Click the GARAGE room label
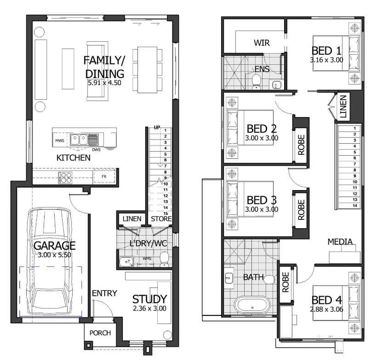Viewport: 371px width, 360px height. pyautogui.click(x=55, y=246)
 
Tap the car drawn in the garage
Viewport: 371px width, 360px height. pyautogui.click(x=50, y=262)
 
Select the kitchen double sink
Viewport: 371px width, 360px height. pyautogui.click(x=79, y=140)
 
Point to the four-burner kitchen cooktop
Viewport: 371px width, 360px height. pyautogui.click(x=65, y=178)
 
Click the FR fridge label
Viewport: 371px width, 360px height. pyautogui.click(x=104, y=177)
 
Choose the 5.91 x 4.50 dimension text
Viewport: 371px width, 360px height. pyautogui.click(x=104, y=83)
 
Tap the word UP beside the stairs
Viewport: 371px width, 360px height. pyautogui.click(x=157, y=127)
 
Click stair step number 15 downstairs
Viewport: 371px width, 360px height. pyautogui.click(x=166, y=214)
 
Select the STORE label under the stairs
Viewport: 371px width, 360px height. pyautogui.click(x=161, y=219)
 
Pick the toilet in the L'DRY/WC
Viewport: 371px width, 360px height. pyautogui.click(x=165, y=259)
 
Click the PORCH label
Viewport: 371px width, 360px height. pyautogui.click(x=100, y=333)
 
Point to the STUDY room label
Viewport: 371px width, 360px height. pyautogui.click(x=149, y=299)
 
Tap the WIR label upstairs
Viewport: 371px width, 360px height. pyautogui.click(x=262, y=43)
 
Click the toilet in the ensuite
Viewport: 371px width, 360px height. pyautogui.click(x=256, y=81)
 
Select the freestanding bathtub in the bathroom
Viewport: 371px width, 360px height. pyautogui.click(x=252, y=305)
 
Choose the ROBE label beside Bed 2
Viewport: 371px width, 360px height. pyautogui.click(x=301, y=145)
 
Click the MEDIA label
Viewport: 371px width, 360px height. pyautogui.click(x=340, y=242)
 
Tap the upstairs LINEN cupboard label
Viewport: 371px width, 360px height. pyautogui.click(x=343, y=107)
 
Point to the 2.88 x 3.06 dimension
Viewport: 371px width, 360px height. pyautogui.click(x=326, y=309)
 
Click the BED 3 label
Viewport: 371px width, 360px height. pyautogui.click(x=262, y=200)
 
